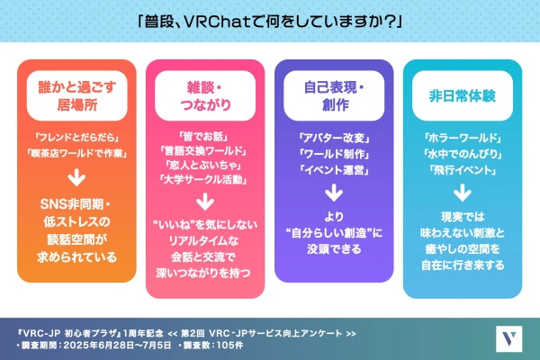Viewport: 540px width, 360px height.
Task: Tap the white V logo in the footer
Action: pos(509,339)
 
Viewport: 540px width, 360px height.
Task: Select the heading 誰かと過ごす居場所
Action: pos(77,95)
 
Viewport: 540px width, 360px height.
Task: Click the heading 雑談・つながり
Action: pos(205,95)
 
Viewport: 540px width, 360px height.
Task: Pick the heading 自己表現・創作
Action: pos(334,95)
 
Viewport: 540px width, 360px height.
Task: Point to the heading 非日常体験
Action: pos(463,95)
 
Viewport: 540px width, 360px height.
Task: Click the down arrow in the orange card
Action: pos(76,177)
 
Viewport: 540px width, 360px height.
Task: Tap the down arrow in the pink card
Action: pos(205,202)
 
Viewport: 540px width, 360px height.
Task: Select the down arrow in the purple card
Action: pos(334,193)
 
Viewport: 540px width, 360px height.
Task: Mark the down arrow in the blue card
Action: pos(463,193)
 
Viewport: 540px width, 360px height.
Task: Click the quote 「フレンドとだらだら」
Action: pos(76,138)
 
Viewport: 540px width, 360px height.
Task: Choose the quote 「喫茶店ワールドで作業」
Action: pos(76,153)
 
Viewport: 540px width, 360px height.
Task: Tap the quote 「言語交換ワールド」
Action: pos(203,150)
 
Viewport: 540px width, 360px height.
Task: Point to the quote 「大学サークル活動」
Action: pos(203,179)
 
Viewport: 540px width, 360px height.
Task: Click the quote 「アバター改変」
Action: pos(334,138)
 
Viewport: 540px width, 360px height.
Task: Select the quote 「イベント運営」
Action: pos(334,170)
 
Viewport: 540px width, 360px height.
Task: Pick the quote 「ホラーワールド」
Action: pos(463,138)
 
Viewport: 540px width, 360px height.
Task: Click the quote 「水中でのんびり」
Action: pos(463,154)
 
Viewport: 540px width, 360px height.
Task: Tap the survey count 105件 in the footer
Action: pos(229,345)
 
